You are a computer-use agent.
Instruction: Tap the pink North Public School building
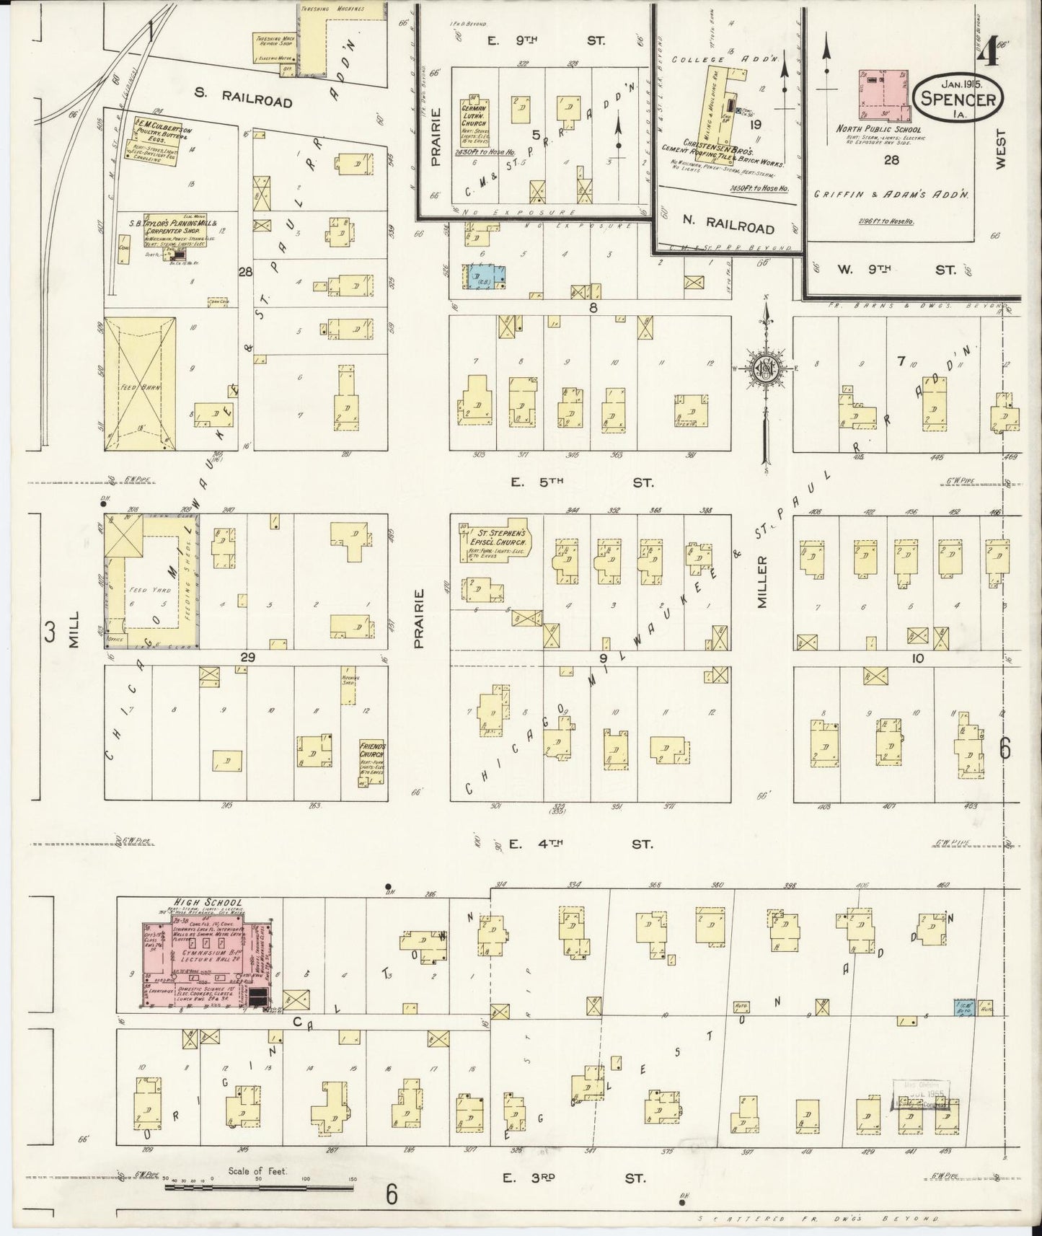point(883,94)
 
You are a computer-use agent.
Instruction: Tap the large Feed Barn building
point(141,384)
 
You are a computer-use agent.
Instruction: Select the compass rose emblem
point(764,369)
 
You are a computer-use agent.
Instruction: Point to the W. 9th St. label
point(897,270)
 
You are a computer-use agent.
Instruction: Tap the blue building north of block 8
point(486,277)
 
